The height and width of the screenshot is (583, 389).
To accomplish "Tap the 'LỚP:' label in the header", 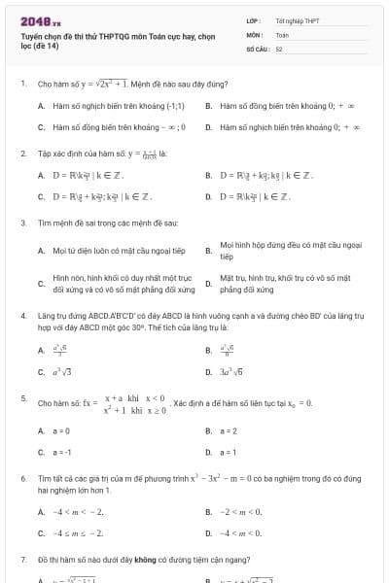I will tap(253, 19).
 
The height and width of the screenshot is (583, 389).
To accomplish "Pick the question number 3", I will tap(22, 223).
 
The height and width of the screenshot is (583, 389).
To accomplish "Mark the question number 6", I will tap(22, 480).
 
